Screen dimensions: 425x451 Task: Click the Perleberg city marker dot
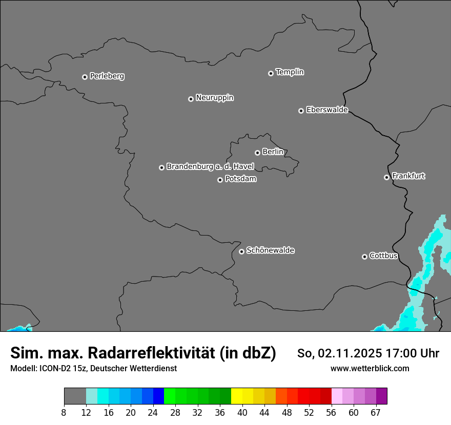85,77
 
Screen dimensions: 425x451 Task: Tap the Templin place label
290,72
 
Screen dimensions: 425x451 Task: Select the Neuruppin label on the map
214,98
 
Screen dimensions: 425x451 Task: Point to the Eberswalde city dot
301,111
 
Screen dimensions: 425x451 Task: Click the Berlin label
273,152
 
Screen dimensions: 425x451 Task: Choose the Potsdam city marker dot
220,180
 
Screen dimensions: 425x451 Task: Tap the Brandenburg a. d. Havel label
210,167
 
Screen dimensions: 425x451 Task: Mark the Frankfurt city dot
386,177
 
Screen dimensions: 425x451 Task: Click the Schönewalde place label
270,250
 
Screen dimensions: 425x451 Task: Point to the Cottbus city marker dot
364,257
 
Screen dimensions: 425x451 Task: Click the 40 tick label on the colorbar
242,413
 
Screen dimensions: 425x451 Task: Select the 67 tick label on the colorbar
376,413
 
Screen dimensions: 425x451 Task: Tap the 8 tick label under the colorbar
64,413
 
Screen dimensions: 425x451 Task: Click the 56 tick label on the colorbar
332,413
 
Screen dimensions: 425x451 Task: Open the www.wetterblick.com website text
370,368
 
